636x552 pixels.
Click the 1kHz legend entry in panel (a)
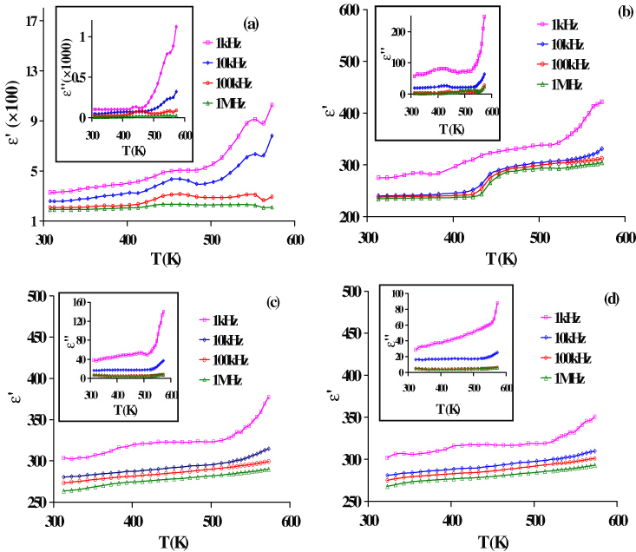click(x=227, y=42)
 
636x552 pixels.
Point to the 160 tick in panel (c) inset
click(x=77, y=303)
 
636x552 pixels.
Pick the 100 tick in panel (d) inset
click(x=400, y=295)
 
